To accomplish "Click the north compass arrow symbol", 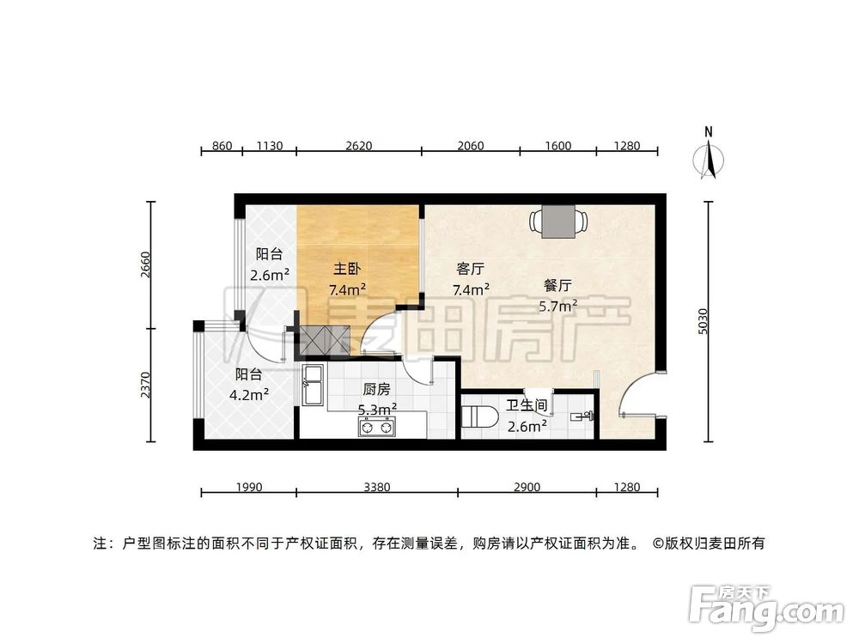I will (710, 158).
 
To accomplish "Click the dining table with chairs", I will (557, 221).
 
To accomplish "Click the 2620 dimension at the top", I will (358, 146).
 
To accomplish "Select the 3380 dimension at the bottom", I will (376, 488).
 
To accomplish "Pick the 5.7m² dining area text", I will (557, 305).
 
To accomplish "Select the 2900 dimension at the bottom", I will (527, 488).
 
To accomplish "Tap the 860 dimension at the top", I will (222, 146).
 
